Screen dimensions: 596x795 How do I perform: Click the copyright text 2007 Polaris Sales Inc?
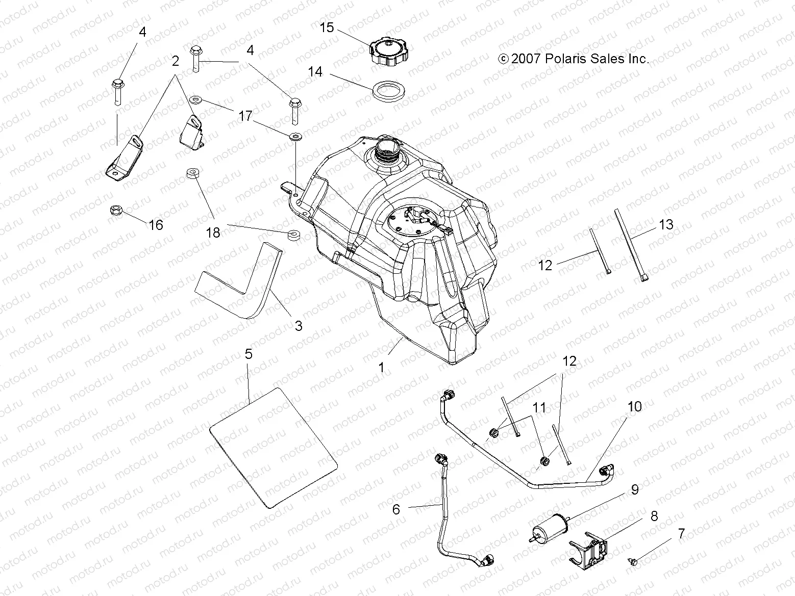coord(574,59)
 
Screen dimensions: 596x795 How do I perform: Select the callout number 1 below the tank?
coord(381,368)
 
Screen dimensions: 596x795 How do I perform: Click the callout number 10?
coord(635,406)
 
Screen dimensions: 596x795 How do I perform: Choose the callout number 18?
coord(213,232)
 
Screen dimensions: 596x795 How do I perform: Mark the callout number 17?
coord(245,116)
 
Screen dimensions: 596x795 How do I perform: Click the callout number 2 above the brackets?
coord(176,61)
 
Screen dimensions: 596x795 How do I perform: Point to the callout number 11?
coord(539,407)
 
